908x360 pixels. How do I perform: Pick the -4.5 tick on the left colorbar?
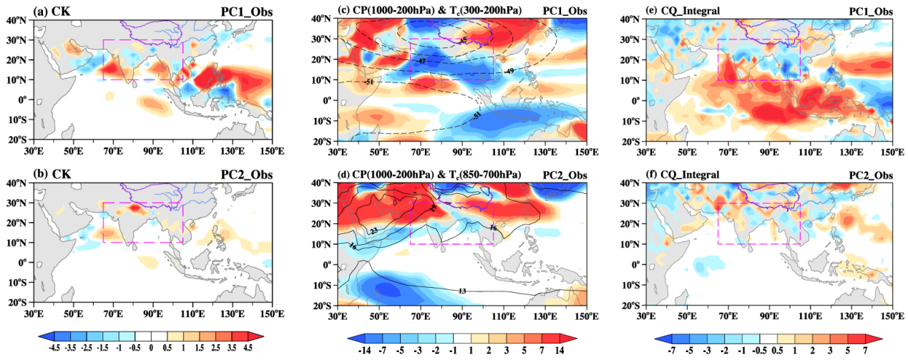click(x=54, y=349)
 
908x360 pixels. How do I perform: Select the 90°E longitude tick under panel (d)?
click(x=462, y=313)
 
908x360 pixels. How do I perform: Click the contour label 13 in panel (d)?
click(x=462, y=290)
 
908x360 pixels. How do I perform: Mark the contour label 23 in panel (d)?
click(x=374, y=230)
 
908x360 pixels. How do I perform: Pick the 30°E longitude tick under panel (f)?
click(x=647, y=313)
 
